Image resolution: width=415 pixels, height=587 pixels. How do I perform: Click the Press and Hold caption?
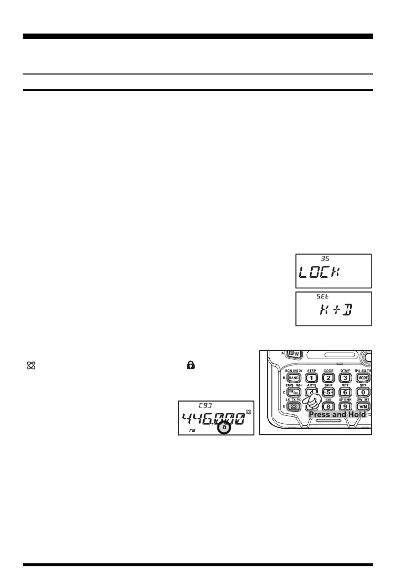(337, 414)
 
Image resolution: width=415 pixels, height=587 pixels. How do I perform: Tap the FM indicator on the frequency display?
(193, 431)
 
